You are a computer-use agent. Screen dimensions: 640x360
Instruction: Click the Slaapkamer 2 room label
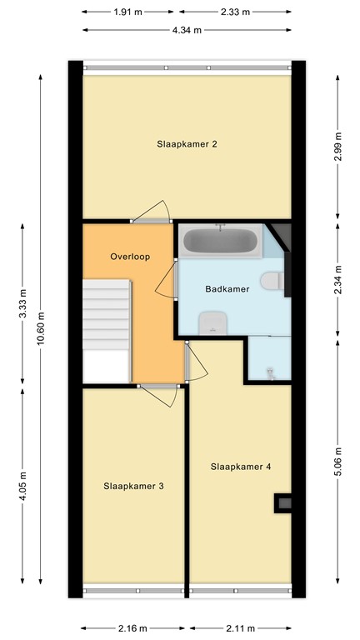click(x=187, y=144)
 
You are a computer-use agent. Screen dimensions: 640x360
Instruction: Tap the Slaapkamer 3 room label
click(x=133, y=486)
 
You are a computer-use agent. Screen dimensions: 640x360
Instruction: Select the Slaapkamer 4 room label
click(x=241, y=467)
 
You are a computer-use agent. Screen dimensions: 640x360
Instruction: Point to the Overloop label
click(x=130, y=257)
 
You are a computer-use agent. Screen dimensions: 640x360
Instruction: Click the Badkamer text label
click(x=226, y=289)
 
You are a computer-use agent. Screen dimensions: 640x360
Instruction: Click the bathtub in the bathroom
click(x=220, y=242)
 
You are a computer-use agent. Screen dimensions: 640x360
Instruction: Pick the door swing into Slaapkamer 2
click(x=154, y=212)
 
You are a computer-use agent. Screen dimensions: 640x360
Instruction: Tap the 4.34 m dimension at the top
click(x=187, y=30)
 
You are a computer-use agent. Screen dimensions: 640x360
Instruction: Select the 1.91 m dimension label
click(x=129, y=12)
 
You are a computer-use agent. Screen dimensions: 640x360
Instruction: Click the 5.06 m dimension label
click(x=337, y=461)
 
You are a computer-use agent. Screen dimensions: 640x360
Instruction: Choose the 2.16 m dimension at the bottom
click(x=132, y=628)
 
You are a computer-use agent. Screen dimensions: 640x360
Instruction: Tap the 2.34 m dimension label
click(x=337, y=279)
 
